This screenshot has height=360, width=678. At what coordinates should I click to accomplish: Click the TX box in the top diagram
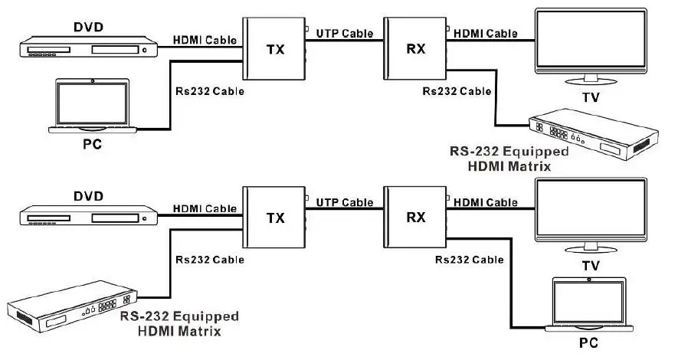pyautogui.click(x=273, y=50)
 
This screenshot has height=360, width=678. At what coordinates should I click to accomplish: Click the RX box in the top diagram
pyautogui.click(x=414, y=50)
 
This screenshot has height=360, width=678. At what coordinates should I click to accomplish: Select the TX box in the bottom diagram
pyautogui.click(x=273, y=218)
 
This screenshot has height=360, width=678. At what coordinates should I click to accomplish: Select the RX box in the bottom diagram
pyautogui.click(x=414, y=218)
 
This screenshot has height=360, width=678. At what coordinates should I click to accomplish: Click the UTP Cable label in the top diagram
pyautogui.click(x=344, y=34)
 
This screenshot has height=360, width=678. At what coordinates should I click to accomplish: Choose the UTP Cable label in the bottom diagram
pyautogui.click(x=344, y=202)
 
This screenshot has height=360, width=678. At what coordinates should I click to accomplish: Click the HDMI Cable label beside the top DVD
pyautogui.click(x=205, y=40)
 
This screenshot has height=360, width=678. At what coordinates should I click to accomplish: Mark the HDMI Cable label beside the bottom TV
pyautogui.click(x=485, y=202)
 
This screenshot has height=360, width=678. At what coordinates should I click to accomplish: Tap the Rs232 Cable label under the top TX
pyautogui.click(x=210, y=91)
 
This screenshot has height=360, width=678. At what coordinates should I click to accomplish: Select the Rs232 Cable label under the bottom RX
pyautogui.click(x=469, y=260)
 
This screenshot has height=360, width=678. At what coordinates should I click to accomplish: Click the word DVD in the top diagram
pyautogui.click(x=88, y=28)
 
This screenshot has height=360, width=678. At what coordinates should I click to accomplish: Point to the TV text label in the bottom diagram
pyautogui.click(x=590, y=266)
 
